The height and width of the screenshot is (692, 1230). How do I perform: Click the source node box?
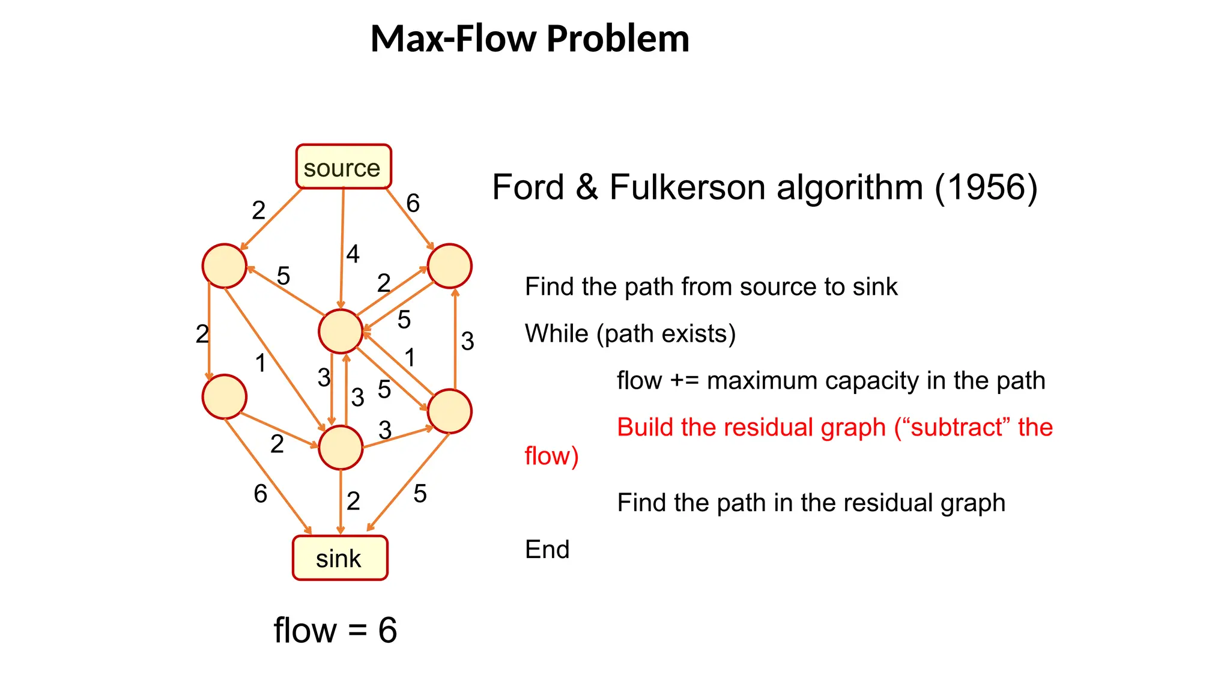[x=343, y=167]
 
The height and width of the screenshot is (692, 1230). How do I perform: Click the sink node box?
[x=340, y=558]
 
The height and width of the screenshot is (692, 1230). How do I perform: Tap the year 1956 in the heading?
[x=986, y=187]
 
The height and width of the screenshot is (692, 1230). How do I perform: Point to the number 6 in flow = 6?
[x=387, y=631]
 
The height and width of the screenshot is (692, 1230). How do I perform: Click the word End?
[x=547, y=549]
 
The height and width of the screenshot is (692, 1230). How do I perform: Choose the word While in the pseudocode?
[x=556, y=333]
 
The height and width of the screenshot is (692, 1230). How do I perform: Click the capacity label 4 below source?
[x=353, y=254]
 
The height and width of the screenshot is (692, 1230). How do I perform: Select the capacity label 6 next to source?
[x=413, y=204]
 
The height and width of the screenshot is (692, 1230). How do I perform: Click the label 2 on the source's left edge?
[x=258, y=210]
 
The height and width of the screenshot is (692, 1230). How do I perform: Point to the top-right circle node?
[x=449, y=266]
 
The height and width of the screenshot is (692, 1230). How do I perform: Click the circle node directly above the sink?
[x=341, y=448]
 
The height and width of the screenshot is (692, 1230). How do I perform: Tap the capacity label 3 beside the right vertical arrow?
[x=467, y=341]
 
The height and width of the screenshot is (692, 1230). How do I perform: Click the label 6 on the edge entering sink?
[x=260, y=494]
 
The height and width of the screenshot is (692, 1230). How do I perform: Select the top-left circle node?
[x=224, y=266]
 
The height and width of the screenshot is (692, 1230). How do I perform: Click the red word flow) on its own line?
[x=551, y=456]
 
